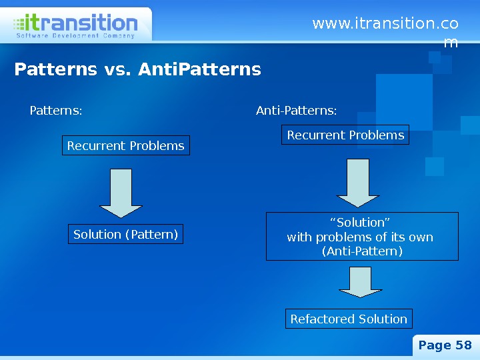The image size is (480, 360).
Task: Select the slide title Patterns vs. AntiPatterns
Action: (138, 69)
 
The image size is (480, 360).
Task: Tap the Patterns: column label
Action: (56, 110)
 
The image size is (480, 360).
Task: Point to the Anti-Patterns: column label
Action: (297, 110)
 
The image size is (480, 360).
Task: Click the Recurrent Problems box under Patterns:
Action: (126, 145)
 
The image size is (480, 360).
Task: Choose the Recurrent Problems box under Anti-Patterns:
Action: (345, 135)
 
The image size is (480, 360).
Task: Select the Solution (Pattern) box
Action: (126, 235)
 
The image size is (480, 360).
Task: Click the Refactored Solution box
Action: (349, 319)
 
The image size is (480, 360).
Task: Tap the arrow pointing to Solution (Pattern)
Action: (121, 193)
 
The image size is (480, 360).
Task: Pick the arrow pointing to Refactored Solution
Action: (361, 281)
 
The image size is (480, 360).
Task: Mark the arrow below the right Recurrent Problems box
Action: (358, 183)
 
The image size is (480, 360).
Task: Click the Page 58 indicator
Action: (445, 345)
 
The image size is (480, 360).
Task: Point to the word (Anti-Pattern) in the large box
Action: (362, 251)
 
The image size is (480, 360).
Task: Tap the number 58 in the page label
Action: (463, 345)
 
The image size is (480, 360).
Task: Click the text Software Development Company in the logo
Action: (74, 36)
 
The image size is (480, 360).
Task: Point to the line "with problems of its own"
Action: (360, 237)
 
